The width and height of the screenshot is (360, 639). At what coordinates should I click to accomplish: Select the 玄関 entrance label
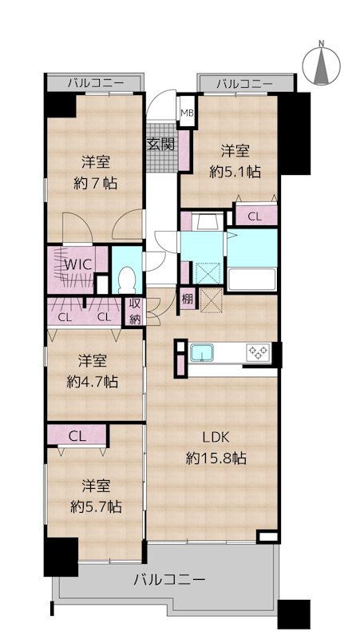click(x=161, y=144)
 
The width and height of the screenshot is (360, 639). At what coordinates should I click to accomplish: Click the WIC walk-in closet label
click(x=79, y=264)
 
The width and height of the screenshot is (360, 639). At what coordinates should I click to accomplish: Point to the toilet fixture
click(x=126, y=280)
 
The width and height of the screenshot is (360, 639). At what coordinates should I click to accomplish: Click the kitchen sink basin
click(x=202, y=352)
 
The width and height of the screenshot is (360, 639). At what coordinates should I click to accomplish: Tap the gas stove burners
click(x=259, y=352)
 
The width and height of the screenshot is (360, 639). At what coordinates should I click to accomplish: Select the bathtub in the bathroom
click(x=251, y=279)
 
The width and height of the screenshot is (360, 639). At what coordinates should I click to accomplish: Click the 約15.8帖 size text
click(x=216, y=458)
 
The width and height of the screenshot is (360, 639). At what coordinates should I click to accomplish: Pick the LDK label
click(x=216, y=438)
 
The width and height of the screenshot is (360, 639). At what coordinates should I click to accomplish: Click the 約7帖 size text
click(x=95, y=184)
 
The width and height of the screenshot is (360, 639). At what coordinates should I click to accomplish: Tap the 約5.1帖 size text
click(x=235, y=172)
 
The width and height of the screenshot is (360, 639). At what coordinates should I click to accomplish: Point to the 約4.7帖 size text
click(x=93, y=382)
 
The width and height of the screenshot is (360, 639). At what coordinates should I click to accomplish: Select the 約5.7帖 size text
click(x=96, y=506)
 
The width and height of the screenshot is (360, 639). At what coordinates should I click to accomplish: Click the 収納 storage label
click(x=135, y=312)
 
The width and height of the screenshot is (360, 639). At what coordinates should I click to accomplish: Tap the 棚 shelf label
click(x=187, y=300)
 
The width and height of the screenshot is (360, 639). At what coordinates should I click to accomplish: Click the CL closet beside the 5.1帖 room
click(x=255, y=216)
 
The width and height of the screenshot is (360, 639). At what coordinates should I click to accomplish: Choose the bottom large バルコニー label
click(x=169, y=579)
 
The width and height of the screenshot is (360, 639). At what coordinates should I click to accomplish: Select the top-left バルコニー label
click(x=95, y=85)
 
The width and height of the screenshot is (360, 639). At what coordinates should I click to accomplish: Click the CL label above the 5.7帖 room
click(x=77, y=437)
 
